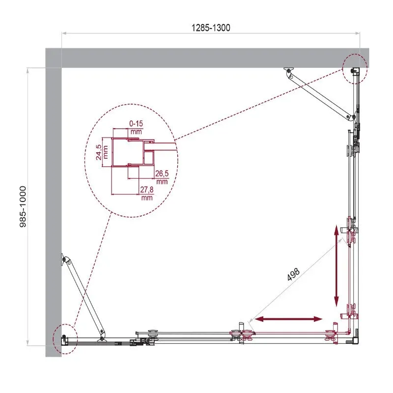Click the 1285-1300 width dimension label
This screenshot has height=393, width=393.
coord(211,28)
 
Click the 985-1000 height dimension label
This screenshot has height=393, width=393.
coord(23,207)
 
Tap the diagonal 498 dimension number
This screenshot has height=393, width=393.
coord(293,275)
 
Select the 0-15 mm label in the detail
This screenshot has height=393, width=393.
coord(136,127)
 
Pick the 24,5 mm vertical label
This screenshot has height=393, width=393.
coord(102,152)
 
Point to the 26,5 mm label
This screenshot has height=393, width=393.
coord(162,177)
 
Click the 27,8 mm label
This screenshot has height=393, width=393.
coord(147,193)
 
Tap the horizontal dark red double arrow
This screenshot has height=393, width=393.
coord(288,319)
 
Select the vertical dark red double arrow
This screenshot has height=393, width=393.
coord(337,266)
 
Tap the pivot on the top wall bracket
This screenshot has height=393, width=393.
coord(289,71)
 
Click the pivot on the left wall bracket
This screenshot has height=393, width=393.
coord(65,259)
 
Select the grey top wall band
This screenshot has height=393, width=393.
coord(207,58)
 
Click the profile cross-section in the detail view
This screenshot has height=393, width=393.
coord(133,152)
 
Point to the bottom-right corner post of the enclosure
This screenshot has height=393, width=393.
coord(356,340)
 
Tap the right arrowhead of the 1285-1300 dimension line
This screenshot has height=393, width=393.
coord(358,33)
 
